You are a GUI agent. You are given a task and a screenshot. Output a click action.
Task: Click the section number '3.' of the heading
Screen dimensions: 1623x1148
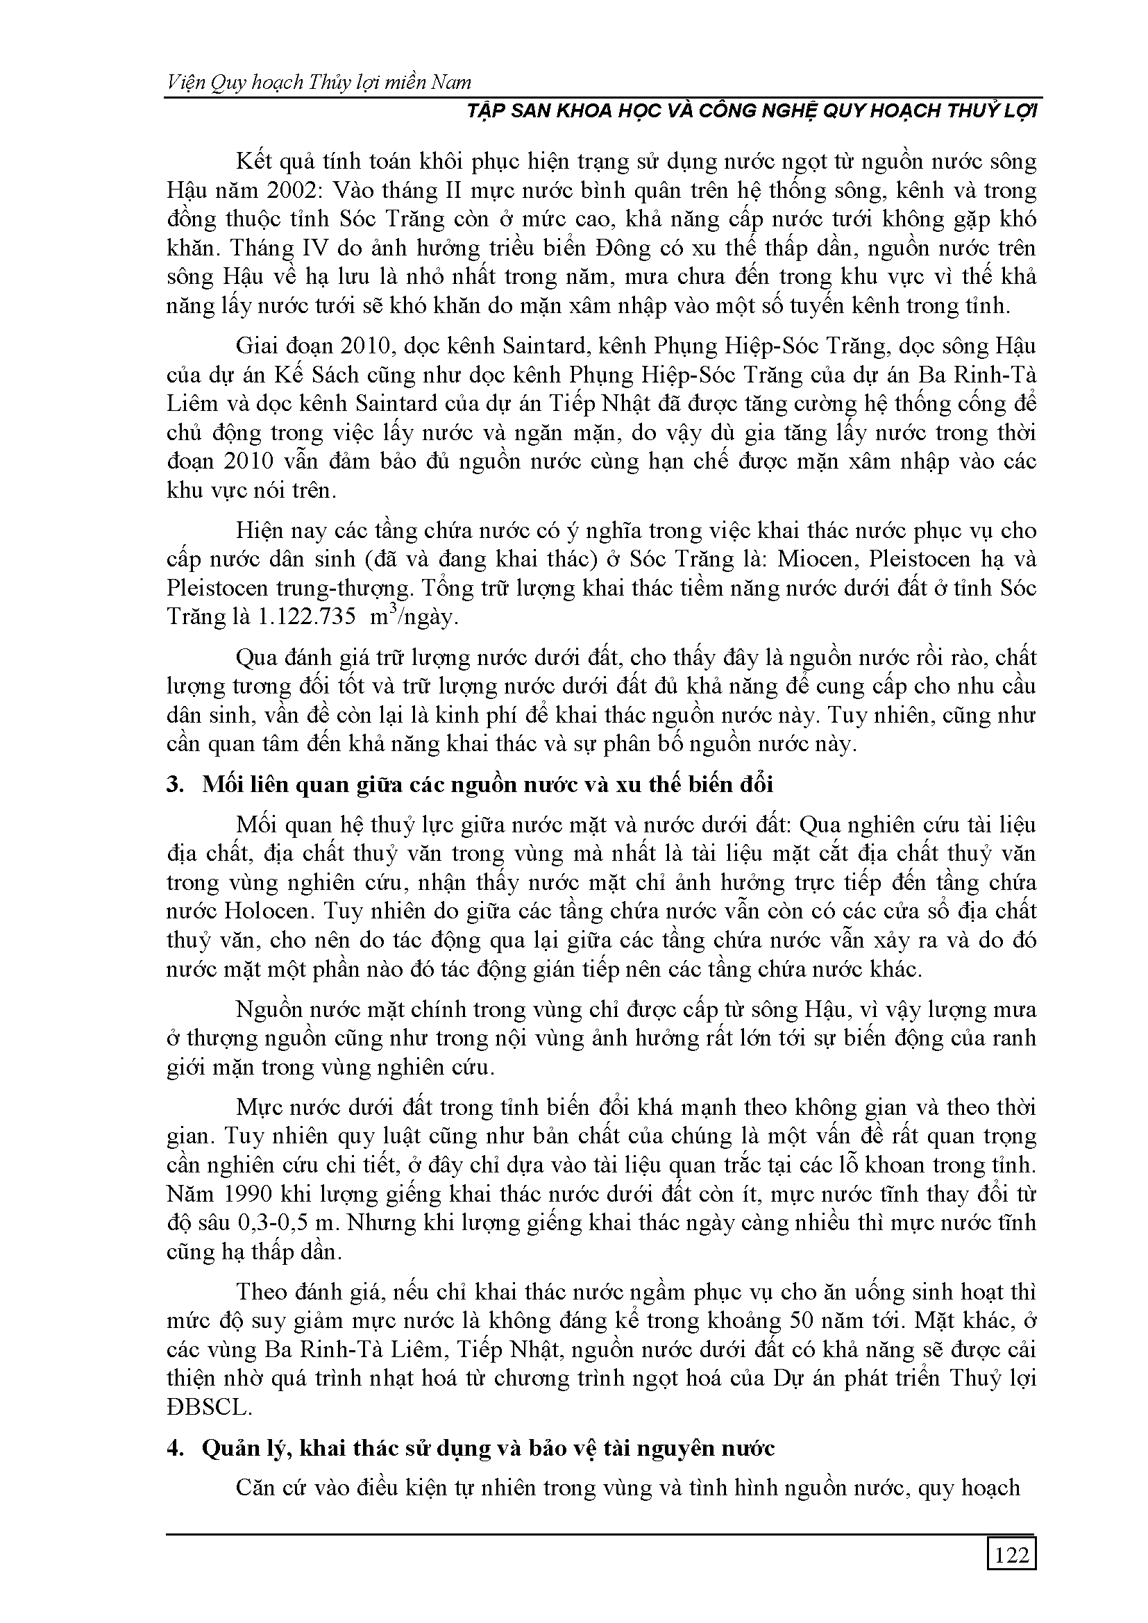pos(175,784)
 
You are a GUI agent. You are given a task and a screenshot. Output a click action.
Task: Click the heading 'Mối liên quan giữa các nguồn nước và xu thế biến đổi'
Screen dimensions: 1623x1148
pos(487,784)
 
